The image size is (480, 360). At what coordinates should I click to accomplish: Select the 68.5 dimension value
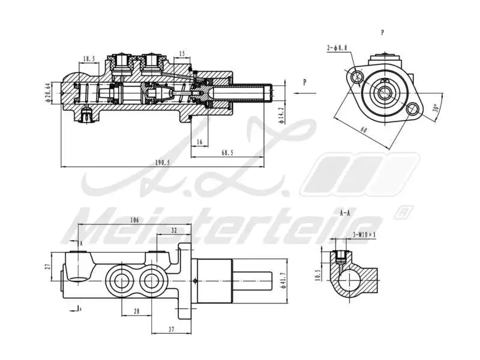(x=227, y=153)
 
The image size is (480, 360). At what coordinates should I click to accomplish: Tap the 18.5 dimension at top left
(x=89, y=59)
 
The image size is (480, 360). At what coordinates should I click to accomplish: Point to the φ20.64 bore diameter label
(x=47, y=94)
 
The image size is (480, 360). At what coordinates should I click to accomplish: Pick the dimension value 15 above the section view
(x=182, y=54)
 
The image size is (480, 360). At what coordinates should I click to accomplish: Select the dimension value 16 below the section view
(x=200, y=142)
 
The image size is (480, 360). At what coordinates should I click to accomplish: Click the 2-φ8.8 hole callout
(x=336, y=47)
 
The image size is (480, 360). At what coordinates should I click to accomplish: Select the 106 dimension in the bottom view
(x=134, y=221)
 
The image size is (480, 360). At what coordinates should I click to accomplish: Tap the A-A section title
(x=346, y=213)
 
